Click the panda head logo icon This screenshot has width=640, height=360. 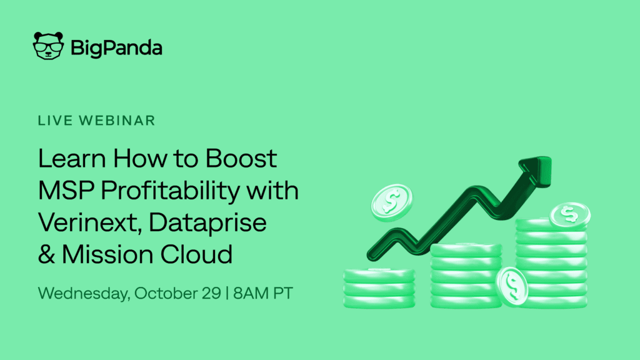tap(48, 46)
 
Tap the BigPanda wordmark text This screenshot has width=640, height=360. tap(116, 48)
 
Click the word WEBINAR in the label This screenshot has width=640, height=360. tap(117, 121)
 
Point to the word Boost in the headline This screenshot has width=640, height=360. tap(241, 158)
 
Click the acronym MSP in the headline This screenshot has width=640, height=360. tap(66, 190)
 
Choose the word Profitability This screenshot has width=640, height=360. tap(171, 191)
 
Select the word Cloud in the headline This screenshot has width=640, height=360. tap(196, 254)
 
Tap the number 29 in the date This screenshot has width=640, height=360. tap(211, 294)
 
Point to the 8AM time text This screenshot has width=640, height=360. tap(251, 294)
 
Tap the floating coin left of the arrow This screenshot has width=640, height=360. tap(391, 202)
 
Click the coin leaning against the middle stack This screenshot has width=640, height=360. tap(512, 286)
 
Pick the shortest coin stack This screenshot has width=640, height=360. tap(379, 288)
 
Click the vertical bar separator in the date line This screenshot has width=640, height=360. tap(227, 294)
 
